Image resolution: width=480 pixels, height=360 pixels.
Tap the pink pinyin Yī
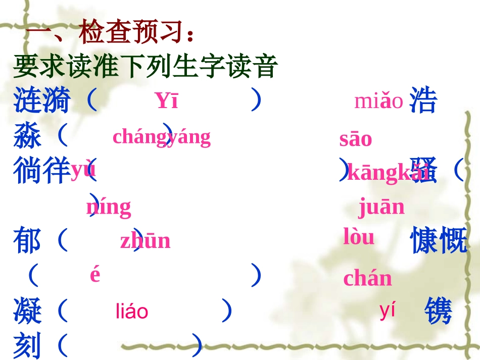pyautogui.click(x=166, y=101)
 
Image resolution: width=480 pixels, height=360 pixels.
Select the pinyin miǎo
pyautogui.click(x=378, y=101)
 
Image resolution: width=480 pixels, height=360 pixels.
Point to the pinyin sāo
pyautogui.click(x=355, y=139)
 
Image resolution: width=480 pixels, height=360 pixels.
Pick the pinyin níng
pyautogui.click(x=108, y=207)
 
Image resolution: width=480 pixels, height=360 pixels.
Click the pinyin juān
pyautogui.click(x=381, y=207)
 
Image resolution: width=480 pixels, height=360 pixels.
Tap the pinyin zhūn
pyautogui.click(x=145, y=241)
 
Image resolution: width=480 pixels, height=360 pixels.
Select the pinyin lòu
pyautogui.click(x=359, y=237)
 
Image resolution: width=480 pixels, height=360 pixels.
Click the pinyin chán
pyautogui.click(x=367, y=278)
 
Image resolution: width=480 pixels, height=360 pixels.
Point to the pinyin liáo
pyautogui.click(x=132, y=312)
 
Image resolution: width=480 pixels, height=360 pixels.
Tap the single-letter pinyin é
pyautogui.click(x=95, y=275)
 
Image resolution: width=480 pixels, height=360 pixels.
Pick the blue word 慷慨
pyautogui.click(x=438, y=240)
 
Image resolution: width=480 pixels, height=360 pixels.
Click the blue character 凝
pyautogui.click(x=27, y=311)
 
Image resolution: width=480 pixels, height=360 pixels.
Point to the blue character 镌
pyautogui.click(x=438, y=311)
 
